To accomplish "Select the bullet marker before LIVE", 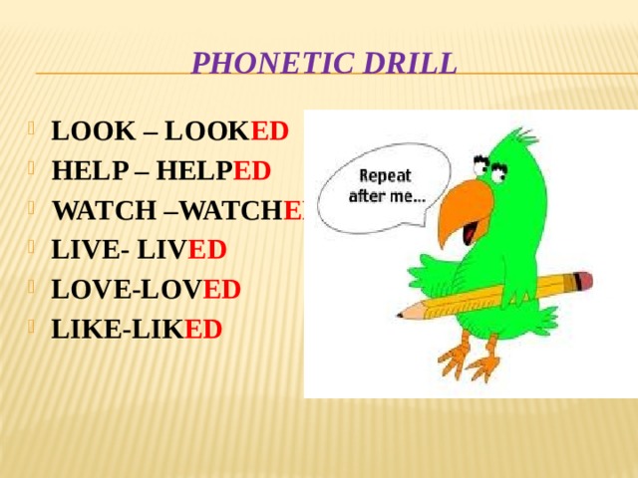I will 36,248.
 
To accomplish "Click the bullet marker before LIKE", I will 36,328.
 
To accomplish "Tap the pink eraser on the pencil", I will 584,281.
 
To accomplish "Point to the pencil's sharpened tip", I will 403,314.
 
